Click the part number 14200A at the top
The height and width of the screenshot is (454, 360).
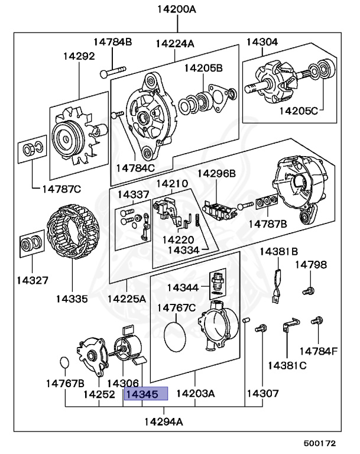tap(176, 9)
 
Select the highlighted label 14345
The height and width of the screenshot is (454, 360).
tap(145, 394)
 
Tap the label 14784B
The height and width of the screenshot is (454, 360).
tap(112, 41)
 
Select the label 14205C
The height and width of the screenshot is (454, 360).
tap(299, 110)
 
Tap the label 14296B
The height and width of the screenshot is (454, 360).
tap(216, 173)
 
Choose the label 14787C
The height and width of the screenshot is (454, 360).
tap(61, 189)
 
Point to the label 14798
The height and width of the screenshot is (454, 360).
tap(311, 264)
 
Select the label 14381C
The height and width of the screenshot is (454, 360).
tap(287, 365)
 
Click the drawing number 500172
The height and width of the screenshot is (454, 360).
tap(320, 442)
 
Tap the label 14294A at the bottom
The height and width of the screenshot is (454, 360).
tap(163, 421)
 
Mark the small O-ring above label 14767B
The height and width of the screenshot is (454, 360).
tap(65, 362)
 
